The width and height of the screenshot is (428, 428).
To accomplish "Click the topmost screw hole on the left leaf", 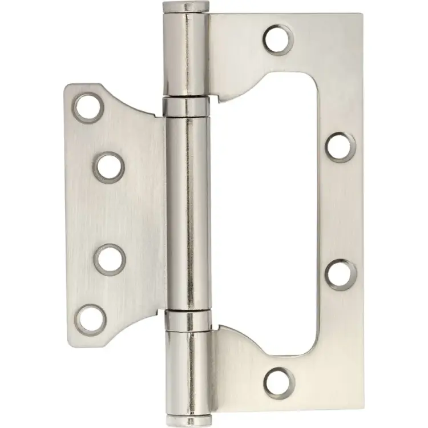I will pyautogui.click(x=88, y=107).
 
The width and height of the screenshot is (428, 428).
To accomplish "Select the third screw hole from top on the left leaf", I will pyautogui.click(x=109, y=259).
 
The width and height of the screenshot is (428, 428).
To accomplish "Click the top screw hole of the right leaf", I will pyautogui.click(x=278, y=39).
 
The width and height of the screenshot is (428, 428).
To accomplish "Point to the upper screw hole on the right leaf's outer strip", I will pyautogui.click(x=340, y=147).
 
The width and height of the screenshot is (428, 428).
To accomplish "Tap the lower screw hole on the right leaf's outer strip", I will pyautogui.click(x=341, y=274).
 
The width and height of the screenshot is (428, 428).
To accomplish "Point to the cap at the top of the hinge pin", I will pyautogui.click(x=184, y=8).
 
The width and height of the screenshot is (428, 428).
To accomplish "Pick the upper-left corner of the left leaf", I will pyautogui.click(x=67, y=87).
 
